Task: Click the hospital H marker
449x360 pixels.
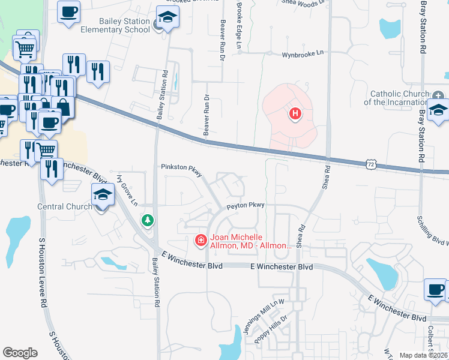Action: [x=295, y=113]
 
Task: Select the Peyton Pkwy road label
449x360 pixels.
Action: [x=245, y=206]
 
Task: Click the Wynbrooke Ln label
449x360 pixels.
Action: [x=303, y=53]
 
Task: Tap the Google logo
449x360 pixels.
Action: [x=20, y=352]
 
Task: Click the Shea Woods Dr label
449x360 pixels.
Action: [x=304, y=2]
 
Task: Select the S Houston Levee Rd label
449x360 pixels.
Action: [x=42, y=264]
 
